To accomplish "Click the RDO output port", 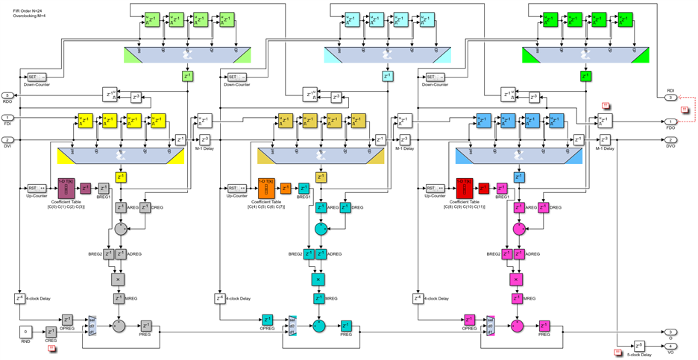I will (7, 95).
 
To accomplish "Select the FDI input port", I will (7, 118).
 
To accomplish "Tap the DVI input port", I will (7, 139).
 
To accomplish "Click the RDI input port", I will (670, 98).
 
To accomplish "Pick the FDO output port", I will (670, 121).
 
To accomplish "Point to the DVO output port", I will (670, 139).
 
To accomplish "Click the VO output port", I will (670, 347).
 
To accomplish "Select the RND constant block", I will (26, 331).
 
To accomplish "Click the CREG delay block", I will (51, 332).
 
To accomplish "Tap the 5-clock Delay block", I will (639, 346).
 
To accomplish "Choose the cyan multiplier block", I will (319, 279).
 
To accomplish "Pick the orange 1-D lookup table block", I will (265, 186).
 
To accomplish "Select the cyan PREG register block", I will (347, 326).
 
